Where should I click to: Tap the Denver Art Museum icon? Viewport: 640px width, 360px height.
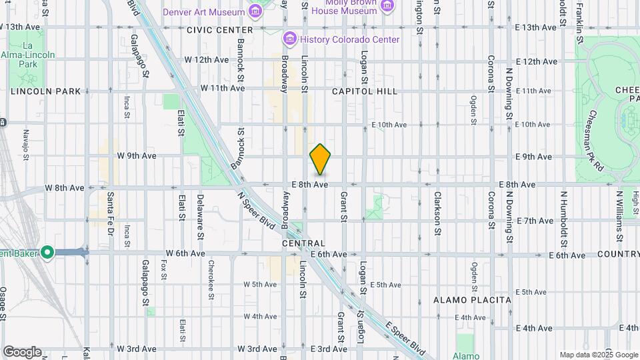coord(255,11)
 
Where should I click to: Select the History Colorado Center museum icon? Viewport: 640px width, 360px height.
coord(289,39)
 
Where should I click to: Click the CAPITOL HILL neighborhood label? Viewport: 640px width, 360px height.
coord(364,91)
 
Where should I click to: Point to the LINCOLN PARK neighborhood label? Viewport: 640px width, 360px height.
coord(45,91)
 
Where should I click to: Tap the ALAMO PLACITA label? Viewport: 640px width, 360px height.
coord(472,300)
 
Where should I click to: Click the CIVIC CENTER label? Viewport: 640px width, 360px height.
coord(220,30)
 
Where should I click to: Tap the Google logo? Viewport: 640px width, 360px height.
coord(22,352)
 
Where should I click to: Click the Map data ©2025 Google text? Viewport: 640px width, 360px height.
coord(599,355)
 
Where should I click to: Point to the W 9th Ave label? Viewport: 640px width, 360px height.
coord(136,156)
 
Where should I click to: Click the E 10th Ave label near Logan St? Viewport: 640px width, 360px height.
coord(388,125)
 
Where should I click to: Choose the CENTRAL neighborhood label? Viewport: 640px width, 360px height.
coord(303,244)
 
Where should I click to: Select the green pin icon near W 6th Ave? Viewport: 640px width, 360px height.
coord(47,252)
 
